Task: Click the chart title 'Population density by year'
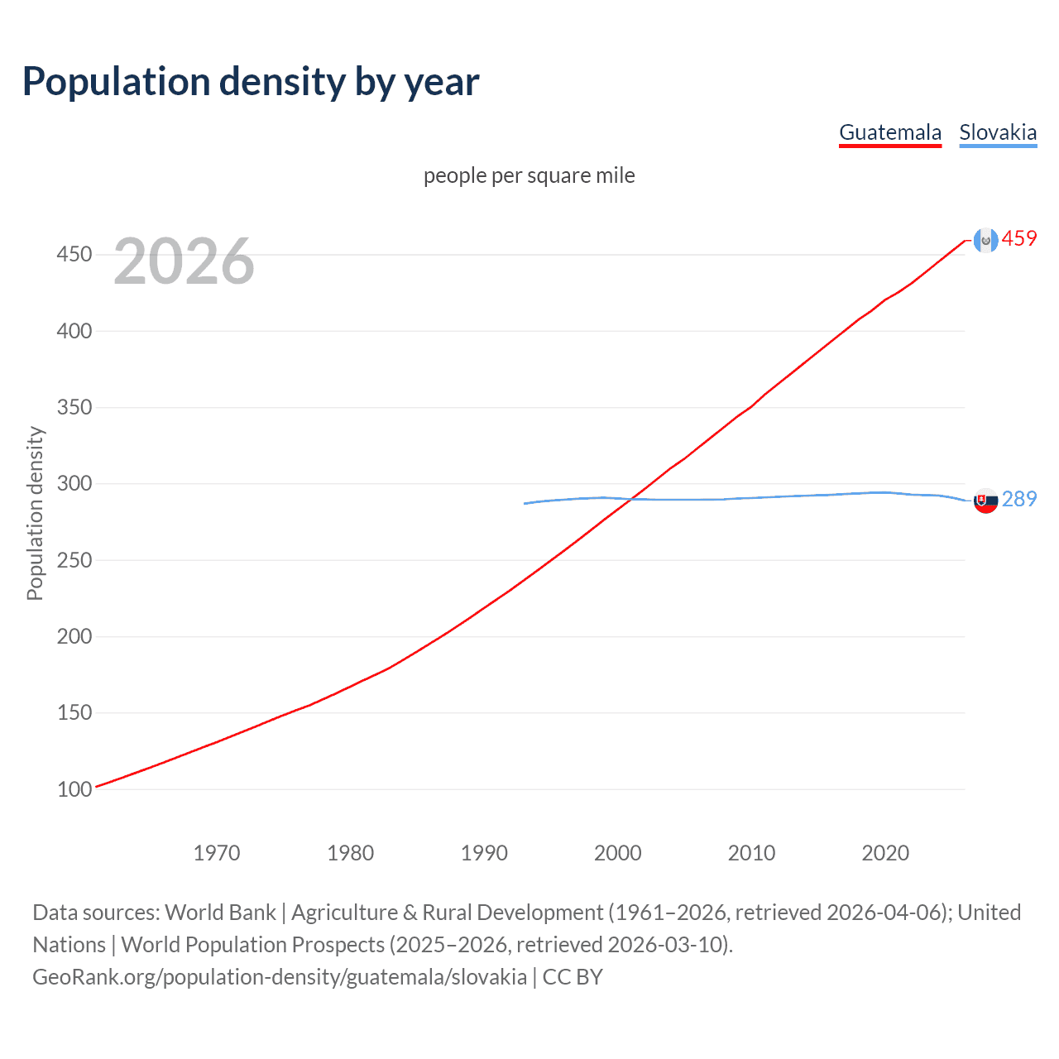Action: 251,82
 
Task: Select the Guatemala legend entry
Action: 890,132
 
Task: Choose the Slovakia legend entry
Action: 998,132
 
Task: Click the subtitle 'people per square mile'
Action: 529,175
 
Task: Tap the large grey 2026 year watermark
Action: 184,261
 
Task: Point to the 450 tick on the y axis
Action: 74,254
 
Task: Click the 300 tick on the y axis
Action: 74,483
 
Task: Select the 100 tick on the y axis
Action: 74,789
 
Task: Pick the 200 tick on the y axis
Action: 74,636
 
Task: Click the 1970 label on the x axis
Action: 217,853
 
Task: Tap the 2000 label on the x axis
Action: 618,853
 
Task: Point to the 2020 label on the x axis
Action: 885,853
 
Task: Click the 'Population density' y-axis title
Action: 35,513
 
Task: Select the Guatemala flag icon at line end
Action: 985,240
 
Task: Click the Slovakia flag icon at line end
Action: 985,501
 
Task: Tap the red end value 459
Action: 1019,239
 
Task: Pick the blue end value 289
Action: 1019,499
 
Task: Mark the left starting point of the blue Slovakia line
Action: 525,503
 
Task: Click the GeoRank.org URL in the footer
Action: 280,977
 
